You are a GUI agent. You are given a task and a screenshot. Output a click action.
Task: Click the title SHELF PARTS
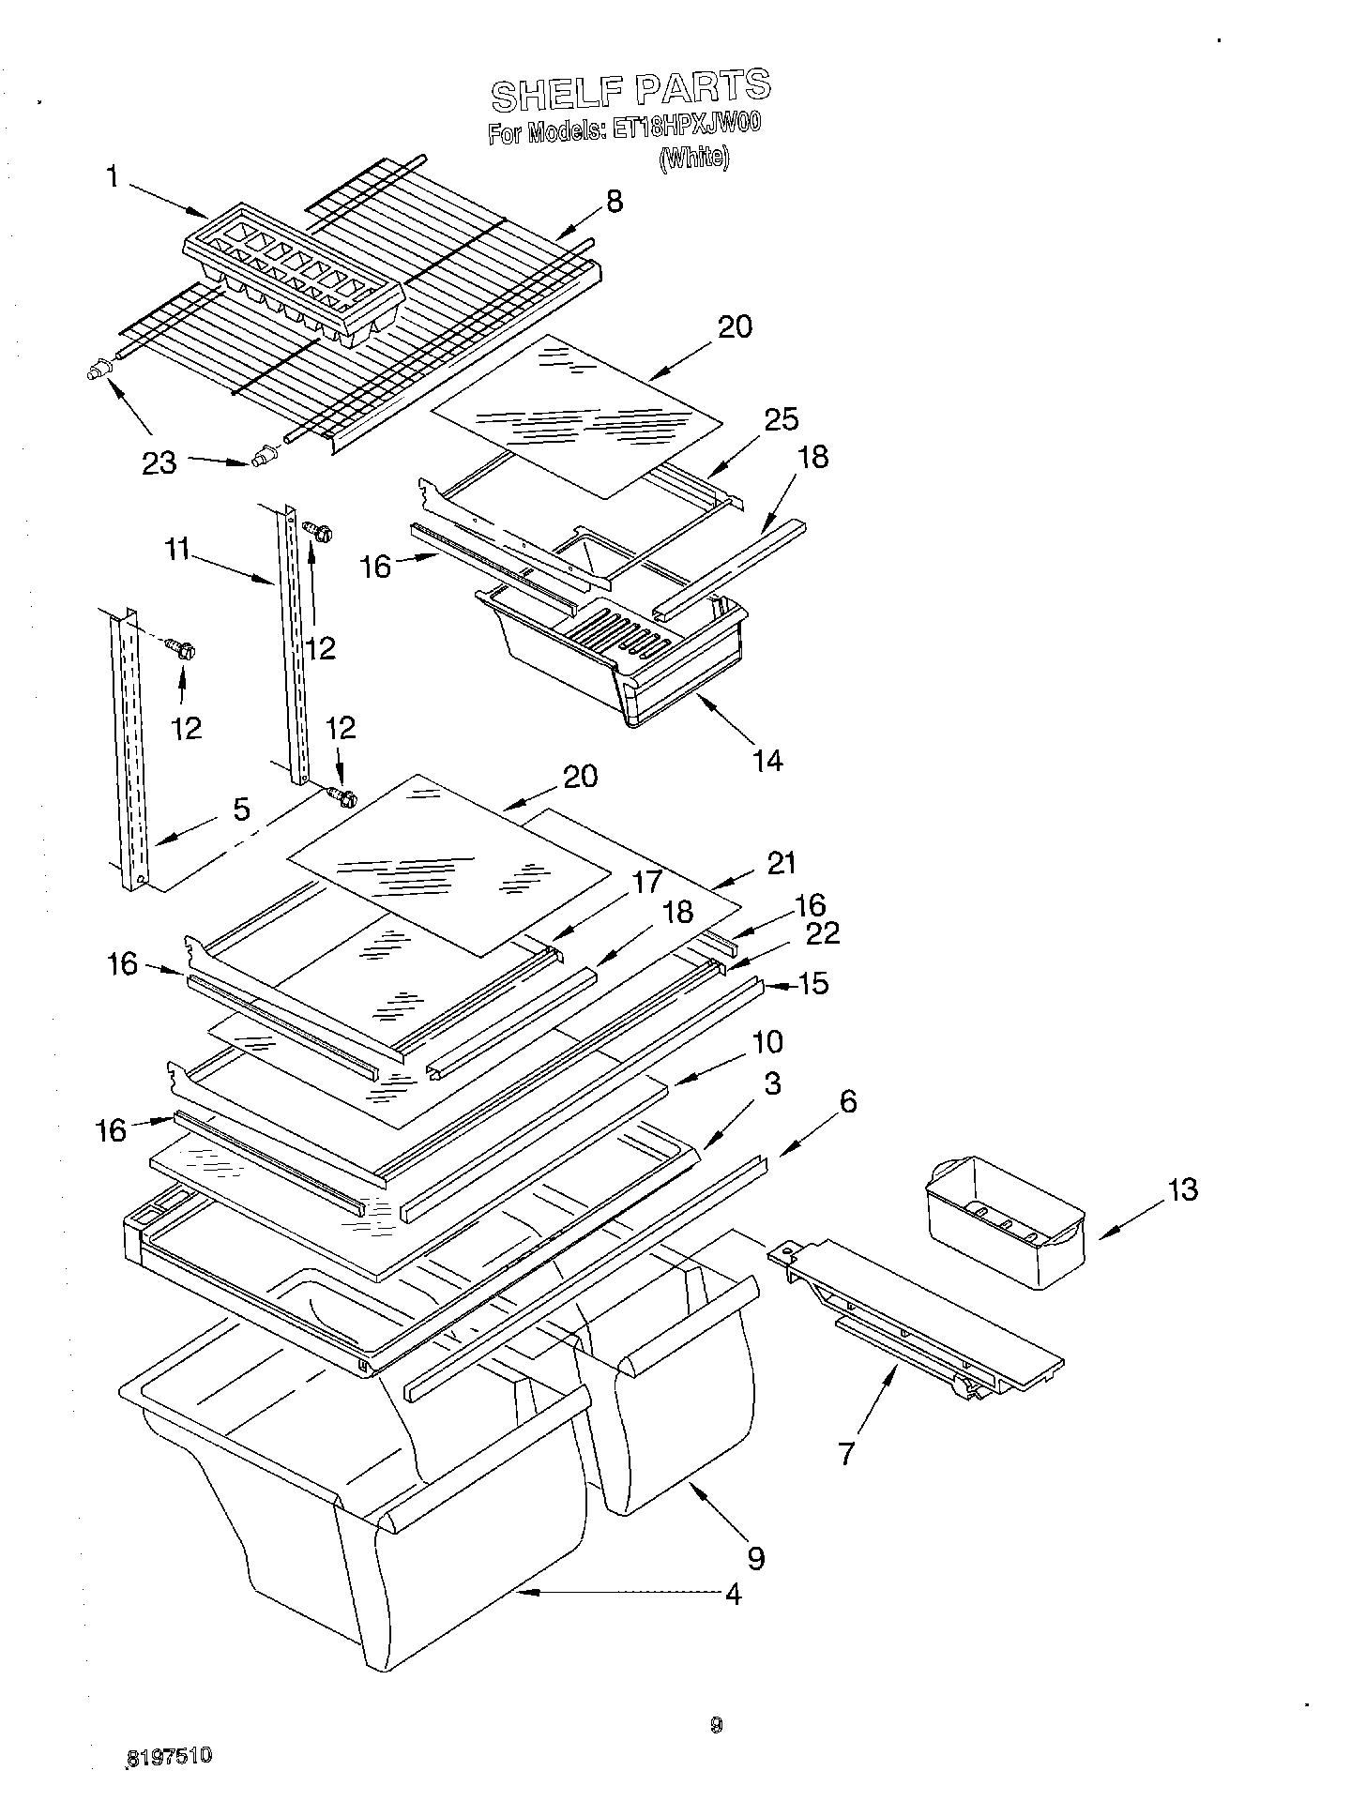coord(630,89)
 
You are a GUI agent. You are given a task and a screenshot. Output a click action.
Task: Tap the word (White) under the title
coord(693,158)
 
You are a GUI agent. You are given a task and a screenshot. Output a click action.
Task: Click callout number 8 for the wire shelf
coord(614,202)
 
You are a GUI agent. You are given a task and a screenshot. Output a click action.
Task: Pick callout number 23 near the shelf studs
coord(159,462)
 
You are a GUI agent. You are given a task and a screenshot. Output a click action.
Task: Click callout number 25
coord(781,419)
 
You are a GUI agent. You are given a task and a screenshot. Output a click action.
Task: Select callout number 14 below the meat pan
coord(767,759)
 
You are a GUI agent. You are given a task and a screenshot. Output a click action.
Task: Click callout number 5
coord(241,809)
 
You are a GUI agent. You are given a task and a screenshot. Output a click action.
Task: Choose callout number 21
coord(782,863)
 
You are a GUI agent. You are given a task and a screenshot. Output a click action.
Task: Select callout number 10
coord(767,1041)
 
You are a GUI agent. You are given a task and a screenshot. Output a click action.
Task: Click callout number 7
coord(846,1454)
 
